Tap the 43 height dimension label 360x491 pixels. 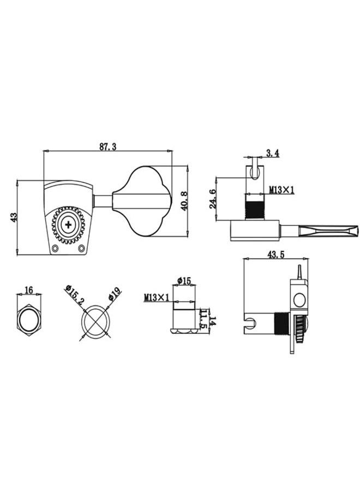pos(13,217)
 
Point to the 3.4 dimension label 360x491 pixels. pos(272,153)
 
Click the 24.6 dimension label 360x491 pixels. pos(213,199)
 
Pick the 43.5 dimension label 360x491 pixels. pos(275,255)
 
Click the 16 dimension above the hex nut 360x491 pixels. pos(29,290)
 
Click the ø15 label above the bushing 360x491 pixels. pos(184,281)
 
